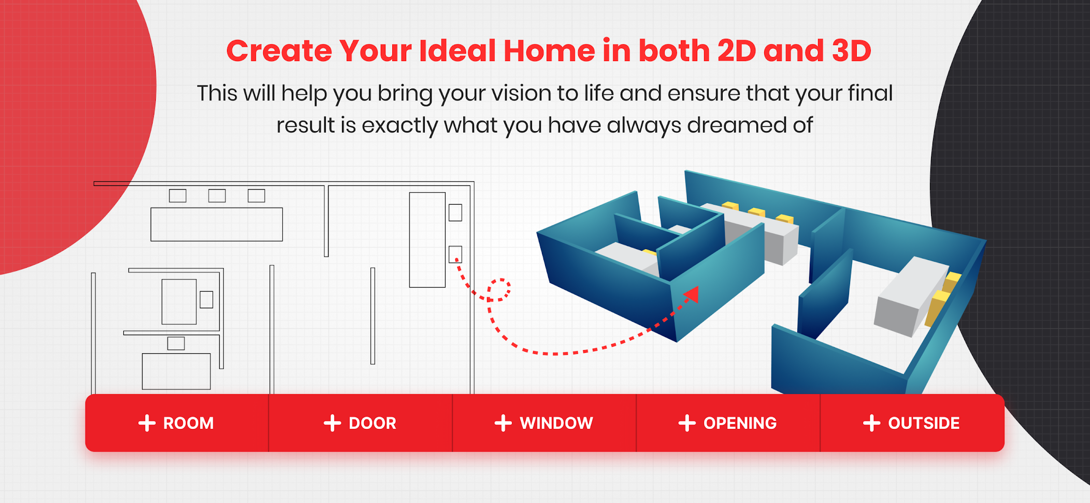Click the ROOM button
click(177, 423)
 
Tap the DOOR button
click(361, 423)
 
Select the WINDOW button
click(544, 423)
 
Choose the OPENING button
click(728, 423)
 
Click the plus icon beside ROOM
click(147, 423)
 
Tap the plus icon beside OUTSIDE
click(872, 423)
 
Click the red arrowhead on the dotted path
click(691, 295)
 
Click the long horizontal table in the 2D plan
click(217, 224)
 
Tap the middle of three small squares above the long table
click(217, 196)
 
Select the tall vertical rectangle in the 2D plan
click(427, 240)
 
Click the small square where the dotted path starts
click(455, 254)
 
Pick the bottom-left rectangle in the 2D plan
click(176, 371)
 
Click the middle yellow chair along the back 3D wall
click(756, 212)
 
